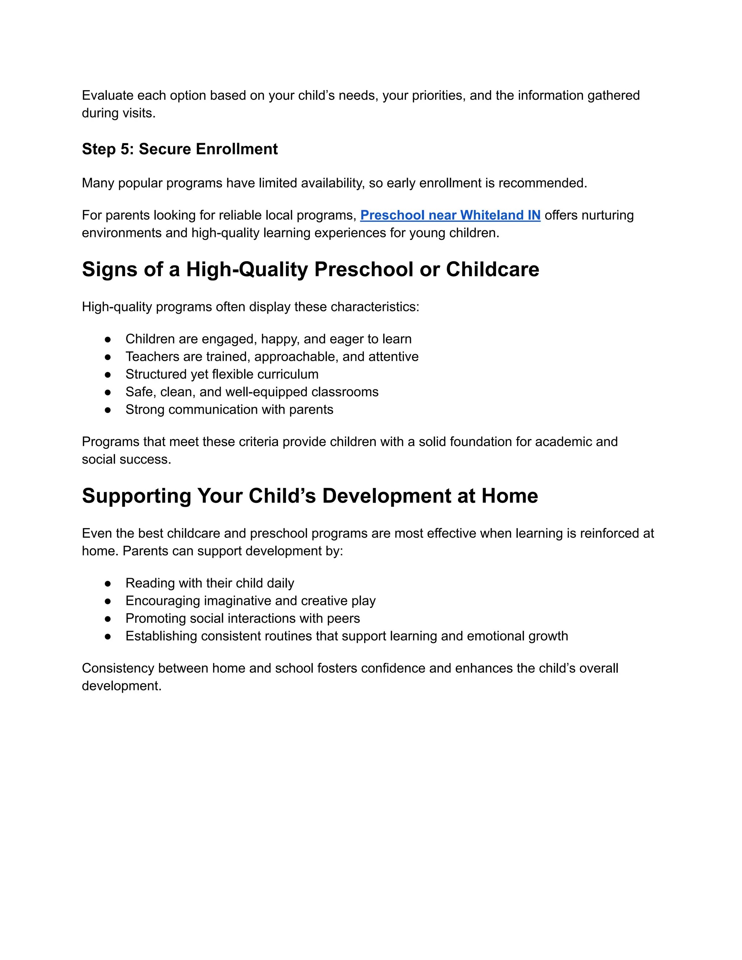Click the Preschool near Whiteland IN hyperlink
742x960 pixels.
450,216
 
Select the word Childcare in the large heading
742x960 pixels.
492,270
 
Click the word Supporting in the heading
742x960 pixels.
136,496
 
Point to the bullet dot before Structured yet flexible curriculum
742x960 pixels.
108,375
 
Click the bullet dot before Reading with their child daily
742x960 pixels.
108,583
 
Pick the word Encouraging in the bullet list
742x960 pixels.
162,601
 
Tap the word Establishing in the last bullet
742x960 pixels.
161,636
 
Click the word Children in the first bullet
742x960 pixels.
150,339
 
